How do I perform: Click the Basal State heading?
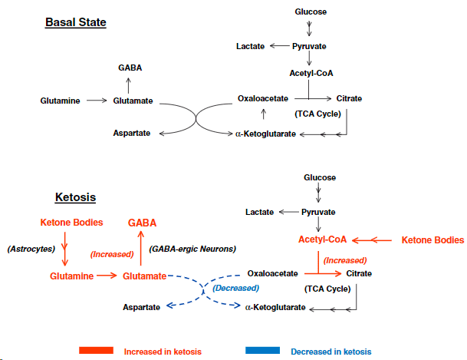75,22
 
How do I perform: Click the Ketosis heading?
75,197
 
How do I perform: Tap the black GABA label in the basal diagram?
130,68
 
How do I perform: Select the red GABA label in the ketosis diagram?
142,223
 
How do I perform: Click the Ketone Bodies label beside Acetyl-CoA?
432,240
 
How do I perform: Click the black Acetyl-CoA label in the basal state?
311,73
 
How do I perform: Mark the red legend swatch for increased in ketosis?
96,351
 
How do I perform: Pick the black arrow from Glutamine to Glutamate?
97,100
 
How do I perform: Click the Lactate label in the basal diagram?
250,47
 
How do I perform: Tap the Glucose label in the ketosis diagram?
319,177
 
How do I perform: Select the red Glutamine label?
72,276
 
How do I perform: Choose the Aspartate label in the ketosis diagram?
142,307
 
